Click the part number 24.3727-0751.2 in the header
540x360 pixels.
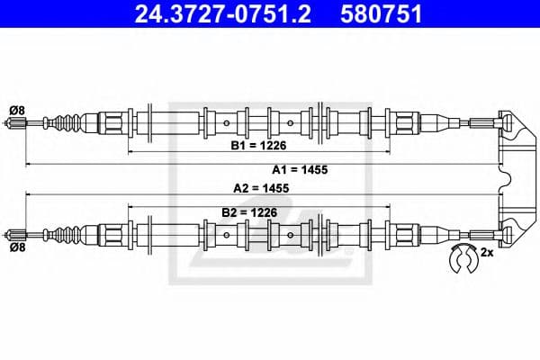214,14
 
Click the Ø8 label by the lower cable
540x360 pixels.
15,245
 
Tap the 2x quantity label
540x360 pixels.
488,253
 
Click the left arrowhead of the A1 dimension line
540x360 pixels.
28,165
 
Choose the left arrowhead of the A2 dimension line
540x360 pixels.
28,194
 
